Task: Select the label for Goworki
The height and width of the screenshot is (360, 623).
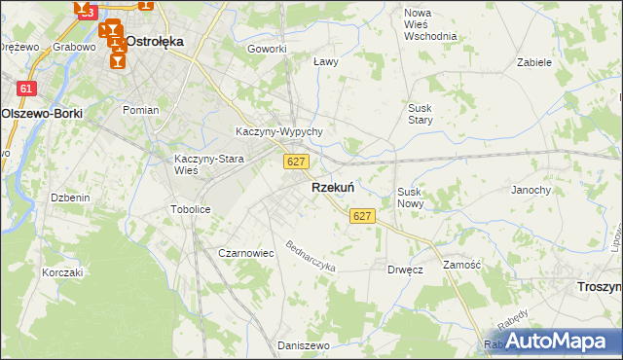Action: (267, 49)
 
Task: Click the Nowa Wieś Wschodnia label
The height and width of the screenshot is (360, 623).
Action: (430, 24)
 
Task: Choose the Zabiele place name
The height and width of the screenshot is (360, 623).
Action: (535, 61)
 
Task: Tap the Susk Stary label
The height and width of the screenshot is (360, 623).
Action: (421, 114)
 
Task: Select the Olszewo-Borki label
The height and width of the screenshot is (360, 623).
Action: (42, 113)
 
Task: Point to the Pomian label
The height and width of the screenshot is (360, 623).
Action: (140, 110)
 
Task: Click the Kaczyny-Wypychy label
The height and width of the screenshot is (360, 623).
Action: (279, 131)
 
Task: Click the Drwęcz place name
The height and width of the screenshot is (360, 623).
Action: (405, 269)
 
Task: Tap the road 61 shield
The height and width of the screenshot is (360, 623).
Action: (27, 89)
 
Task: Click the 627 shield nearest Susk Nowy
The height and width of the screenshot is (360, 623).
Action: (362, 215)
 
